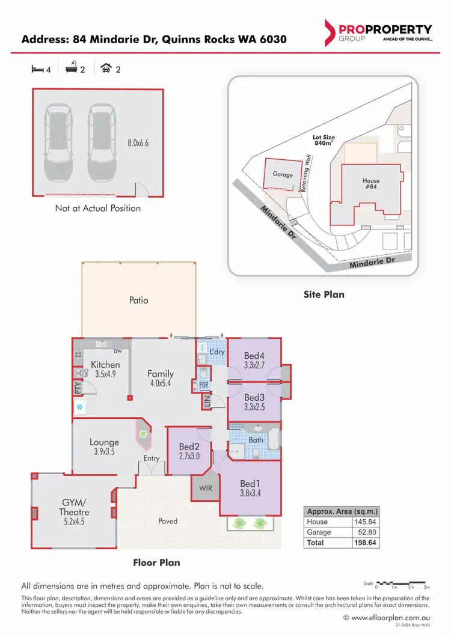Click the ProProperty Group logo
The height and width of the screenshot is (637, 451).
tap(378, 32)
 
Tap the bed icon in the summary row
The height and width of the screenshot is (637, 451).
tap(37, 69)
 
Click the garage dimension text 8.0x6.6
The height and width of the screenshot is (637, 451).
tap(137, 143)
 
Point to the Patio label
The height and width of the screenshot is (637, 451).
tap(139, 299)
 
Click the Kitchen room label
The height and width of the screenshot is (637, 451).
tap(105, 365)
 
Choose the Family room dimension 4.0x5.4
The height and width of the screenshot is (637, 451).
tap(160, 383)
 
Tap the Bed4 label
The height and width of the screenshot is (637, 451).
tap(254, 355)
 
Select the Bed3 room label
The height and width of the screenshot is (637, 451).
tap(254, 397)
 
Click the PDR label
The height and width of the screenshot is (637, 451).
tap(203, 386)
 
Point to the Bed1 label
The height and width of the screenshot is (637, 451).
tap(250, 483)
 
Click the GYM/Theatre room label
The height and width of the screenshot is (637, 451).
tap(75, 507)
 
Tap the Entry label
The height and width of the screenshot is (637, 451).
tap(152, 459)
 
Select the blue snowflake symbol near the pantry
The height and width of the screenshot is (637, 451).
tap(78, 407)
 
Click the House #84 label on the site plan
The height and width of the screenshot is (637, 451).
tap(371, 184)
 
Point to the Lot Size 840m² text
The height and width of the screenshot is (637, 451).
tap(324, 141)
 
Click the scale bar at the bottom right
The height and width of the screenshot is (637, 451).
tap(401, 583)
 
